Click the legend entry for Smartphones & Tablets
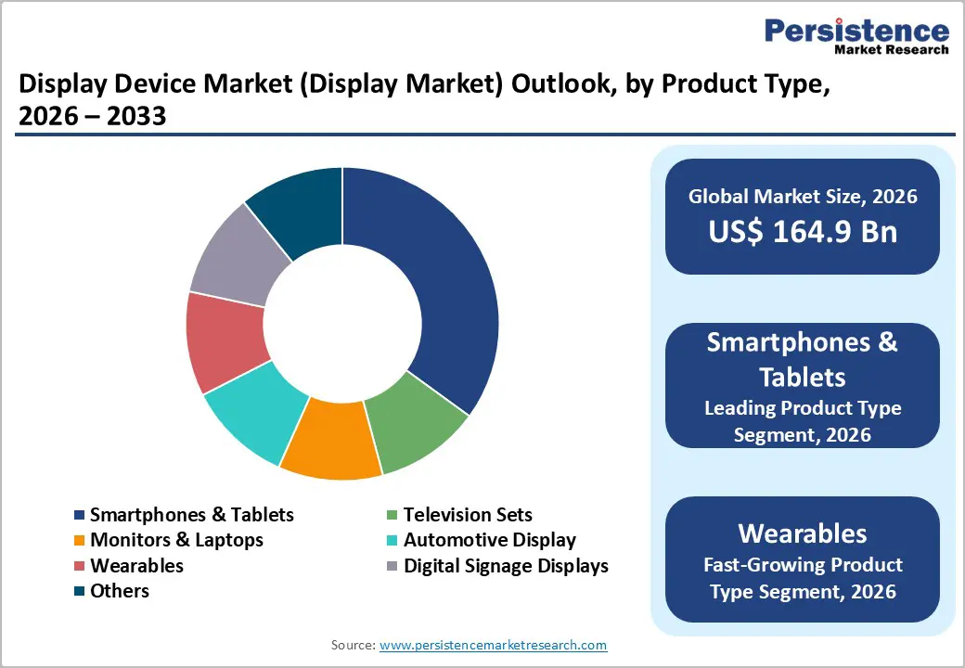(191, 514)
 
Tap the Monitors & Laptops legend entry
(176, 540)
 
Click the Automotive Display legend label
(489, 540)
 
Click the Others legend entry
(119, 591)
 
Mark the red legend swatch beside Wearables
(80, 566)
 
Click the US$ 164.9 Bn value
(803, 231)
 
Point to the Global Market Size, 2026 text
(803, 196)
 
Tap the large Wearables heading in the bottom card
(803, 533)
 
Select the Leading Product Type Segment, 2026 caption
(803, 421)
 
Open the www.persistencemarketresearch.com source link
(493, 645)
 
